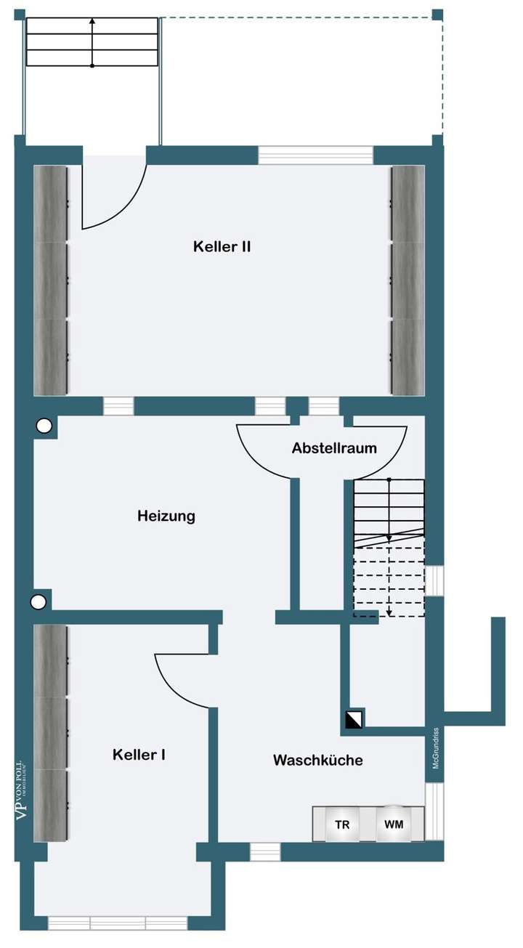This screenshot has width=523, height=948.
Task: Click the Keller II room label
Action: click(x=222, y=246)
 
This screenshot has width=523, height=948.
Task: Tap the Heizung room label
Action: click(x=166, y=516)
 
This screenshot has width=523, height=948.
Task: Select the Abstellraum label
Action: click(x=334, y=448)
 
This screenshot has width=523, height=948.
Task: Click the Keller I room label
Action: click(x=139, y=755)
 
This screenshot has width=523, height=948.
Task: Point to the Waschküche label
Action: click(x=317, y=761)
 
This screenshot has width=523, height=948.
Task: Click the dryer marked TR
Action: click(x=342, y=825)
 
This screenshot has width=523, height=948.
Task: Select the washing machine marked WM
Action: click(x=394, y=825)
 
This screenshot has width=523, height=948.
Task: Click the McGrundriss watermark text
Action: click(x=435, y=748)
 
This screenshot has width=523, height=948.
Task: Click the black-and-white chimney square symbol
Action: click(x=355, y=718)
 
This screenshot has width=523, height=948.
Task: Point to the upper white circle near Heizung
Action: click(x=44, y=426)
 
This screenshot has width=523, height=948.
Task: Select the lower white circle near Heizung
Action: click(x=39, y=601)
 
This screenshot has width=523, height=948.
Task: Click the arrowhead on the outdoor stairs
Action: click(x=92, y=21)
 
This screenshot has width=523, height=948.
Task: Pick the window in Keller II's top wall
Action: click(x=315, y=155)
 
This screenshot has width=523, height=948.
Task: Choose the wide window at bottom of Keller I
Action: click(x=118, y=923)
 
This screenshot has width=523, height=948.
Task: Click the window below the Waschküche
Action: click(x=265, y=851)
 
